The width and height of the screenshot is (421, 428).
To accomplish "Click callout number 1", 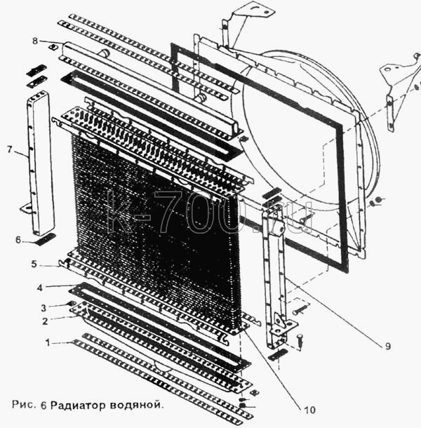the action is (48, 342).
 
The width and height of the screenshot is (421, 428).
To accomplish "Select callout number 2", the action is (45, 321).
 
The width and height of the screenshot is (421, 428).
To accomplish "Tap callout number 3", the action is (44, 308).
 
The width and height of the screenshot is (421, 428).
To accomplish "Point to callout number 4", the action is (40, 288).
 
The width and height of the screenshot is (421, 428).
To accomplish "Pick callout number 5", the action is (34, 265).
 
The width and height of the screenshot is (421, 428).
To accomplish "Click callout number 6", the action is (18, 240).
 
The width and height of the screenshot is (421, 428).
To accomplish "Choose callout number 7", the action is (10, 149).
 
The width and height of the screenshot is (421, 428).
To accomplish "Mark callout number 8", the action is (35, 41).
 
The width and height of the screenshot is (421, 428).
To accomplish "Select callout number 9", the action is (388, 346).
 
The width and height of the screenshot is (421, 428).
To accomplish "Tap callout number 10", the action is (309, 410).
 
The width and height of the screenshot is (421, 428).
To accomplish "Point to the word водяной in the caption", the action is (135, 405).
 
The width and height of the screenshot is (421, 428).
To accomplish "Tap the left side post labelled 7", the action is (41, 163).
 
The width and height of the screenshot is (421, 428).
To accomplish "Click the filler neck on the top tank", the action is (104, 53).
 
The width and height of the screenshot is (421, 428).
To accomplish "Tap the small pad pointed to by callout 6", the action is (46, 239).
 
